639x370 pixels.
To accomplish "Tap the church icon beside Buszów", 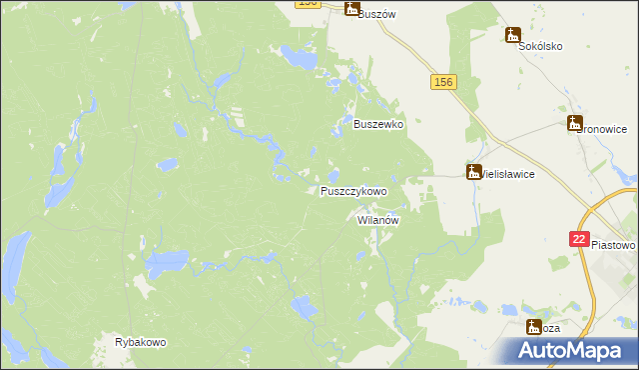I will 351,9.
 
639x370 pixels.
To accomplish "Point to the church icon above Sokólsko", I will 513,36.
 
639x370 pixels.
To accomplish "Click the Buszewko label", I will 378,125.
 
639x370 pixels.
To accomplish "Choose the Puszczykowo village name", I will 353,190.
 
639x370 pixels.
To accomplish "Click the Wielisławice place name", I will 510,174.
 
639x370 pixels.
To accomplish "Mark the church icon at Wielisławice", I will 473,172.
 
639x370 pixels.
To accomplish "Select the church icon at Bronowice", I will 574,124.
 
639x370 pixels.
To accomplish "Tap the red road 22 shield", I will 580,239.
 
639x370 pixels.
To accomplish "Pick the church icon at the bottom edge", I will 534,326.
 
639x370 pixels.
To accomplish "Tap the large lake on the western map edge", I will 13,264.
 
